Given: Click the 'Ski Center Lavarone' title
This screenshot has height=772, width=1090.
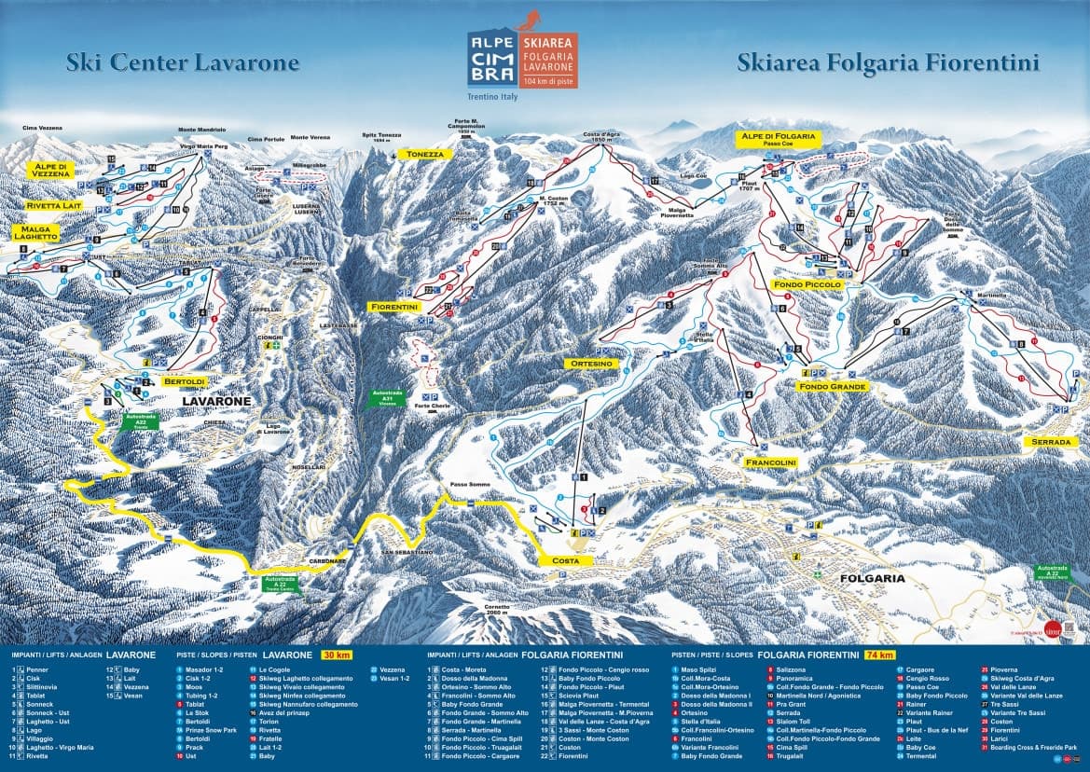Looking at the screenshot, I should pyautogui.click(x=183, y=62).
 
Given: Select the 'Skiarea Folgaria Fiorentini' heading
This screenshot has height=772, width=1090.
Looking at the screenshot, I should pyautogui.click(x=888, y=62).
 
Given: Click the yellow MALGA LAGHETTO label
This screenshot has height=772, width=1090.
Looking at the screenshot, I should pyautogui.click(x=35, y=232).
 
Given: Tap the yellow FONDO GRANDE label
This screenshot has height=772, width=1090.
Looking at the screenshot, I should pyautogui.click(x=833, y=386).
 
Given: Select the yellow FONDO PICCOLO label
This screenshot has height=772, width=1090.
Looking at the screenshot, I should pyautogui.click(x=807, y=284).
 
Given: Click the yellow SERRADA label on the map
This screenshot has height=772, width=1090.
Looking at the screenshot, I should pyautogui.click(x=1050, y=441).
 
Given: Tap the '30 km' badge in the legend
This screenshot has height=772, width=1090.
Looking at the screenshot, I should pyautogui.click(x=337, y=655).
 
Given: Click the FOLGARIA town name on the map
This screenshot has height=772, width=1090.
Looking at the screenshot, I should pyautogui.click(x=872, y=578).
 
